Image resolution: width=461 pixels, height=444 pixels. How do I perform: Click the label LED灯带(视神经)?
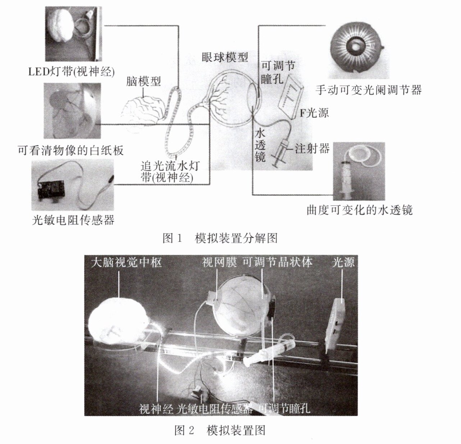71,71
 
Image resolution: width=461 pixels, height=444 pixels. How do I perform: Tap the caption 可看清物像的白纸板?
70,150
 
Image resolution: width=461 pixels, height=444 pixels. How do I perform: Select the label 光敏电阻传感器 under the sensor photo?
73,220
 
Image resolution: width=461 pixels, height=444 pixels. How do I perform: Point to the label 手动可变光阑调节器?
368,90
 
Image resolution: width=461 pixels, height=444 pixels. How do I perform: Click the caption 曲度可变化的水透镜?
359,210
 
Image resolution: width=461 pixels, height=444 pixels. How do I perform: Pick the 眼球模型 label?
225,57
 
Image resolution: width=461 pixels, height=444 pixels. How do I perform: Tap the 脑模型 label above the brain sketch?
143,81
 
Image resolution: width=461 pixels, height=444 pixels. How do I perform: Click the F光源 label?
314,113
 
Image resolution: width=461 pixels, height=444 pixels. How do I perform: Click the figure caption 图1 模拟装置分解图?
220,238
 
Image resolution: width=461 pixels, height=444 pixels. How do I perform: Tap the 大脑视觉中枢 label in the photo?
126,263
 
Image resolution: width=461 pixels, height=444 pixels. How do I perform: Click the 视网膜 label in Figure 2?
219,262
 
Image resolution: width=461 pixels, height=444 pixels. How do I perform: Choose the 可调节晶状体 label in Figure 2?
277,262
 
